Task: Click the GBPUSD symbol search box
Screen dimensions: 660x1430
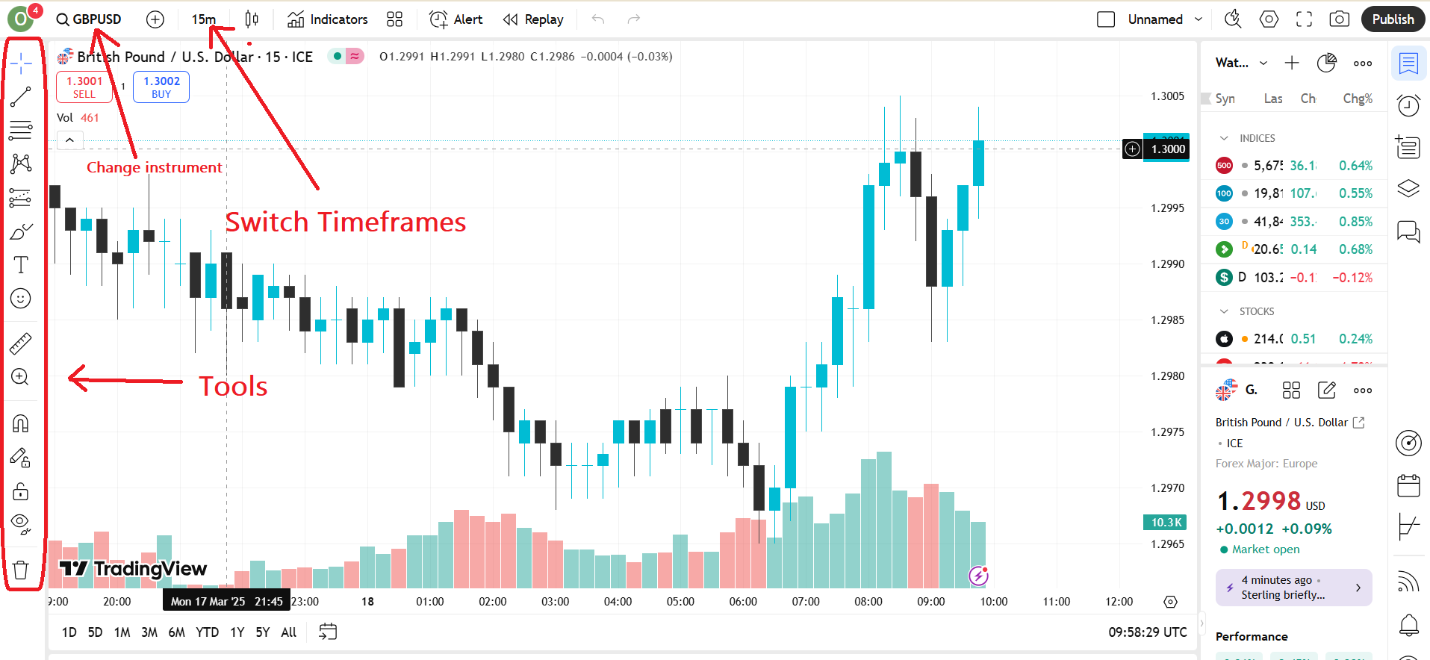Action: point(90,19)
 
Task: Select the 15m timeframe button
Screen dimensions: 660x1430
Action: point(203,19)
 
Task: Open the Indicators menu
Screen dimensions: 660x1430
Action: point(328,19)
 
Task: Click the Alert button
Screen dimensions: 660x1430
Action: point(456,19)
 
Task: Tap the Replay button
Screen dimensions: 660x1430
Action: point(533,19)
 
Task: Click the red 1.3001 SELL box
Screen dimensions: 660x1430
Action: point(84,87)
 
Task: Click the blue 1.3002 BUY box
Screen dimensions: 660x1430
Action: point(161,87)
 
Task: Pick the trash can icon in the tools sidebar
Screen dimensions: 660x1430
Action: point(21,570)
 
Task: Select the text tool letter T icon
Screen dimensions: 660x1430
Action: point(21,265)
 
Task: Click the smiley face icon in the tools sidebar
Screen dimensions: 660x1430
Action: point(21,299)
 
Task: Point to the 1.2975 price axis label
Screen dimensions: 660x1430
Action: point(1167,432)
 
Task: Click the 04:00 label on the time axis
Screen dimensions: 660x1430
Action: point(618,602)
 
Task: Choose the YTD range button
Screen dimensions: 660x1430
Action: point(207,632)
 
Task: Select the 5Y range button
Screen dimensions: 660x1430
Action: point(263,632)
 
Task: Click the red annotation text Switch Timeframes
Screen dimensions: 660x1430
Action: point(346,222)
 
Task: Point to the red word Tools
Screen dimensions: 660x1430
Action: point(233,387)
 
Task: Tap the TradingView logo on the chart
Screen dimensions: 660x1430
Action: point(133,569)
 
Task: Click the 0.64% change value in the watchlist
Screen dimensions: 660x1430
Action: point(1355,166)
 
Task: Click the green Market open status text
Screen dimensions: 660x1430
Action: point(1265,550)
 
